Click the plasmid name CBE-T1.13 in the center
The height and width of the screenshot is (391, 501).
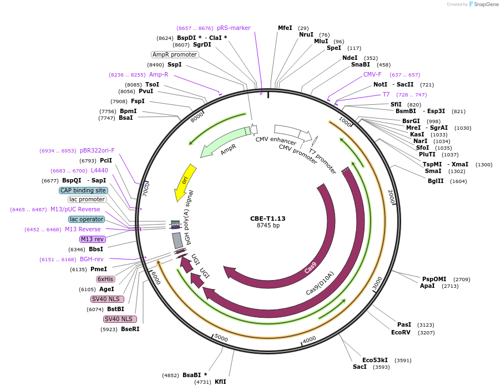267,218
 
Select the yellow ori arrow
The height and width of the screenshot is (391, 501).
185,182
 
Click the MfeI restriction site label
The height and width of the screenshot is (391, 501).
285,28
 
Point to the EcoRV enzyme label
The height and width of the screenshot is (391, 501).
401,332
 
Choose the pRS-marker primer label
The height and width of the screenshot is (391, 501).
234,28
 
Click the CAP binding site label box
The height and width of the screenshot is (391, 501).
83,190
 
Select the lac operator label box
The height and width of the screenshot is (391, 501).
87,219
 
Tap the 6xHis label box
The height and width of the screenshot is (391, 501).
105,279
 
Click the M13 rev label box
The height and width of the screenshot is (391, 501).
92,239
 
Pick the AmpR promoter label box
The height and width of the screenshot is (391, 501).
175,54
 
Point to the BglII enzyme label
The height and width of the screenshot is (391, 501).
436,181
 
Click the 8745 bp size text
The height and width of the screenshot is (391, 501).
268,226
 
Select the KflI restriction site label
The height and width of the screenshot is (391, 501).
220,382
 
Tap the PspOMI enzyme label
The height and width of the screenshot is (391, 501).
434,279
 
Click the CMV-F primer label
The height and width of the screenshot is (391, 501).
372,74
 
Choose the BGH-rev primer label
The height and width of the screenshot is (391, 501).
92,259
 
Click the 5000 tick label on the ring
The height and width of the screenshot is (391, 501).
221,338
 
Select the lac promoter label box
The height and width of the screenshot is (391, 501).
87,199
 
